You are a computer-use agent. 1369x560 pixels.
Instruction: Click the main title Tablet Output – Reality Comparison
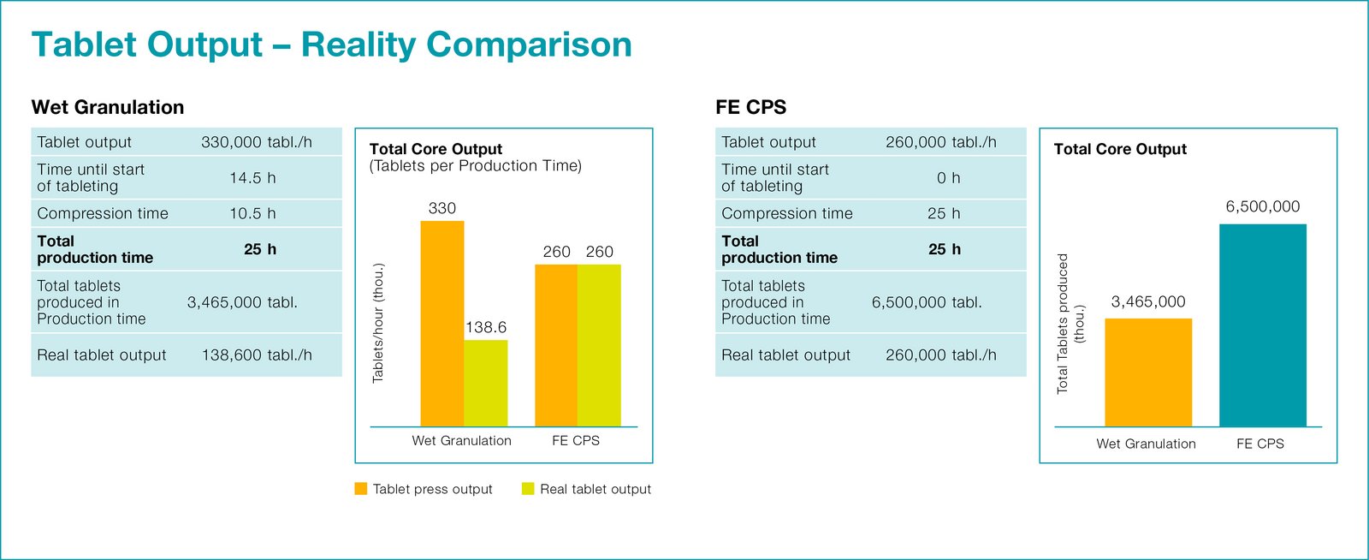(331, 45)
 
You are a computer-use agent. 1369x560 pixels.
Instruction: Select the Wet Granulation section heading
(108, 107)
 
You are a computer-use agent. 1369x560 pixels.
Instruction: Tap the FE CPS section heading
(750, 107)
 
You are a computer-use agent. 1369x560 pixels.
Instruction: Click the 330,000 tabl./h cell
(257, 142)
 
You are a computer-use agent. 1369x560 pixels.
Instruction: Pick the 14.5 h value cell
(253, 178)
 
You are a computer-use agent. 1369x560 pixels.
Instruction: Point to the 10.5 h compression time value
(253, 213)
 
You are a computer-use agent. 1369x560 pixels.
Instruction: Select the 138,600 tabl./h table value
(257, 355)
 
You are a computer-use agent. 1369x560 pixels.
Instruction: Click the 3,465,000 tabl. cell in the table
(242, 302)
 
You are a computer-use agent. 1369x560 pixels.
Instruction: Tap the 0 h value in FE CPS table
(949, 178)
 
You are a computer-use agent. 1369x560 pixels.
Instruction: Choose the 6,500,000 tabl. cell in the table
(927, 302)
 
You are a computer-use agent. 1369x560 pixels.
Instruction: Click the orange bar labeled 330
(442, 324)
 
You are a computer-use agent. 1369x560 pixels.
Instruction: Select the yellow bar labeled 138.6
(486, 384)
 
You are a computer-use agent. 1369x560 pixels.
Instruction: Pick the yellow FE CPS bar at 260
(599, 345)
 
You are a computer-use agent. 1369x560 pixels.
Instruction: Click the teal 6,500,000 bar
(1263, 325)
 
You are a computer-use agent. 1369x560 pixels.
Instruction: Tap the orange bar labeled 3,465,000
(1148, 372)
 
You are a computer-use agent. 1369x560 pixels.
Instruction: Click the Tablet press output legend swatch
(361, 488)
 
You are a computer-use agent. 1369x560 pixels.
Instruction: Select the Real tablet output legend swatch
(528, 488)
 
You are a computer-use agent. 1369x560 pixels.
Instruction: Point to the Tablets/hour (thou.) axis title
(378, 323)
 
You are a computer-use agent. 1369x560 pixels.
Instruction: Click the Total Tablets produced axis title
(1070, 324)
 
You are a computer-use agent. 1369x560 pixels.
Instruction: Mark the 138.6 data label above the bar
(486, 327)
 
